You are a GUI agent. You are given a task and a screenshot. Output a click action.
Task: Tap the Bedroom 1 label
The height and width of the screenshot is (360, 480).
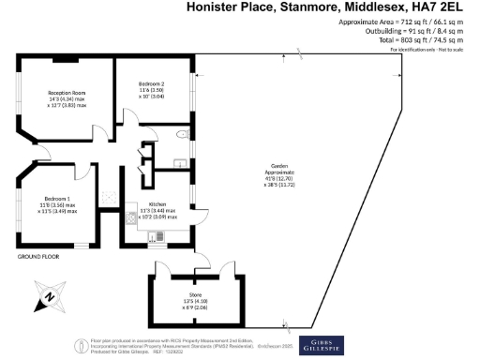(58, 200)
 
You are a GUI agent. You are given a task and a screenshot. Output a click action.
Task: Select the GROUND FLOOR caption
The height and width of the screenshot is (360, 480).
(38, 256)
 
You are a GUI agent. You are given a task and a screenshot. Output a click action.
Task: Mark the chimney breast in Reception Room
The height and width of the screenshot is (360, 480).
(65, 60)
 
